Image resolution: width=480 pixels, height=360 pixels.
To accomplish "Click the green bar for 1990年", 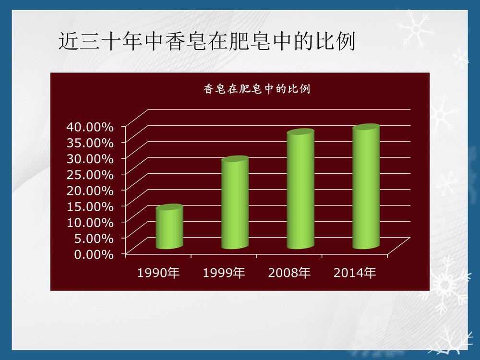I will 169,228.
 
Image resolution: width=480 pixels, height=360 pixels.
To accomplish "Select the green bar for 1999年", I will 235,204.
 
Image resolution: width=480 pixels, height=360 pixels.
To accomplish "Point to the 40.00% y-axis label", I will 94,127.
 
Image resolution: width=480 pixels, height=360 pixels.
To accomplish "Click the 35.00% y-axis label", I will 94,143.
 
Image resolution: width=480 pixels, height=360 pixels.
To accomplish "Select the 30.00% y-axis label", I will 94,158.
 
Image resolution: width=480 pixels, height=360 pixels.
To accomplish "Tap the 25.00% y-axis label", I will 94,174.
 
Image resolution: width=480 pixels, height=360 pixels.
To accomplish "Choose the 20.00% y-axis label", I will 94,190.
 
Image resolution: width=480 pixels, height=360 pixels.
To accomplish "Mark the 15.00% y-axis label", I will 94,206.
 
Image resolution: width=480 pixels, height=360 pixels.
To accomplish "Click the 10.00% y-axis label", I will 94,222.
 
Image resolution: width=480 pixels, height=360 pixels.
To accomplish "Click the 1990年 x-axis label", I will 158,274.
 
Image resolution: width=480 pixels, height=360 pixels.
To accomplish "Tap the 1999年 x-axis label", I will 224,274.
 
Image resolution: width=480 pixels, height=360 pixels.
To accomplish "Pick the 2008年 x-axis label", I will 289,274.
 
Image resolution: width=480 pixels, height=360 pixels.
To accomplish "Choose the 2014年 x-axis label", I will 355,274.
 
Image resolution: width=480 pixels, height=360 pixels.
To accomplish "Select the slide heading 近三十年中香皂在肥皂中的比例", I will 206,42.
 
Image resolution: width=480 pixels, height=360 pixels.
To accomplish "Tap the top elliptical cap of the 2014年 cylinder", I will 366,128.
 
